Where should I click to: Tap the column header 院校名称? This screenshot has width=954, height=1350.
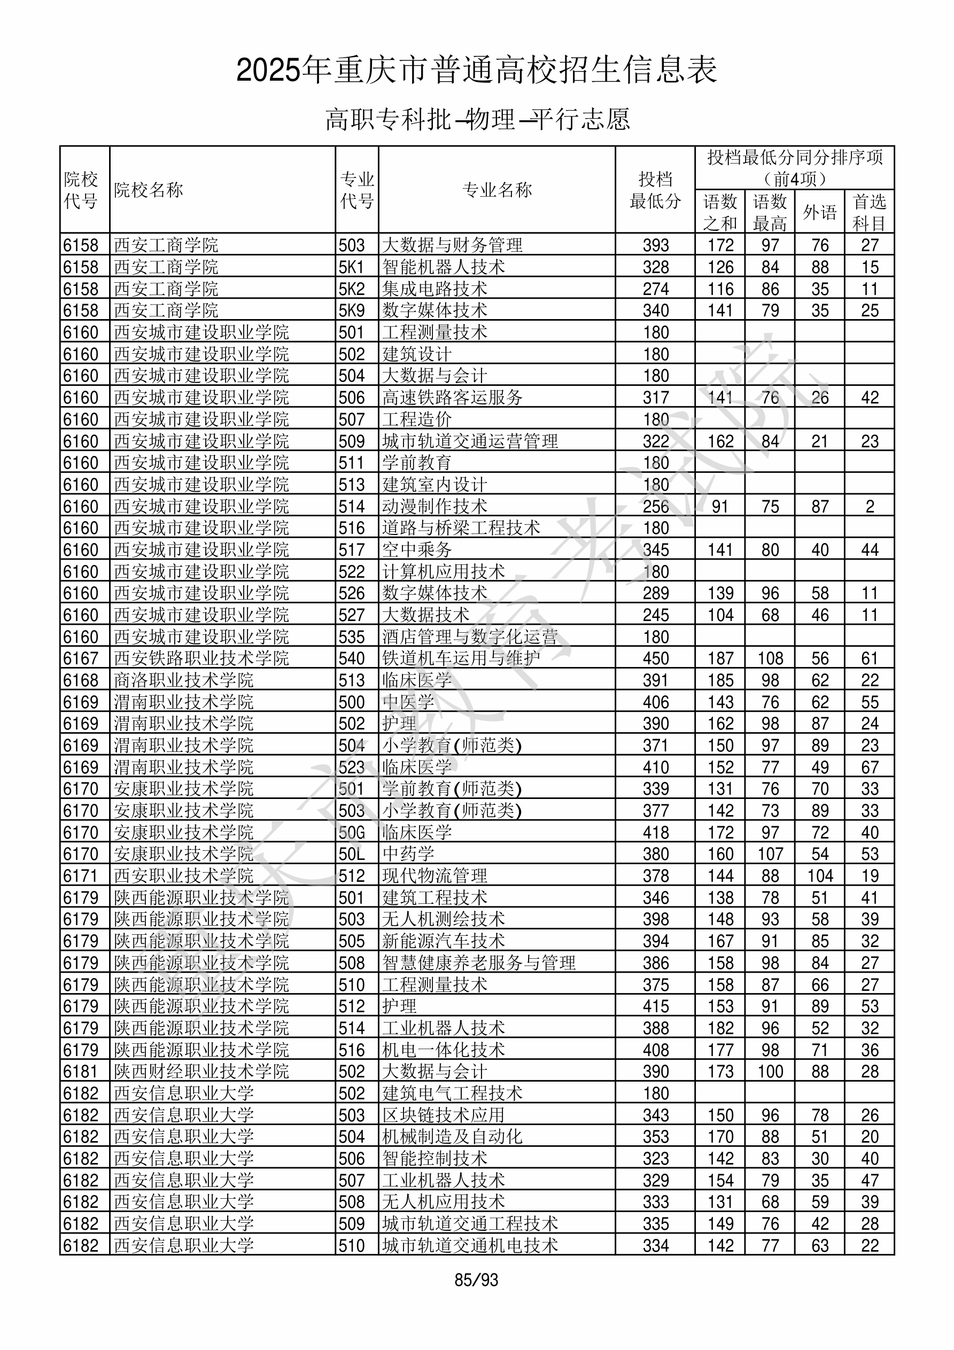coord(149,190)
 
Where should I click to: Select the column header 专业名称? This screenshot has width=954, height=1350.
coord(497,190)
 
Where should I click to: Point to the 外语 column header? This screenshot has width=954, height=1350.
coord(819,212)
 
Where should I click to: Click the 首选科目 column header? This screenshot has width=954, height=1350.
coord(870,212)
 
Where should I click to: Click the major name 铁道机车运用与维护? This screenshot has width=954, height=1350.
coord(461,658)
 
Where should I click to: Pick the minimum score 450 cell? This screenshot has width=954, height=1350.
coord(655,658)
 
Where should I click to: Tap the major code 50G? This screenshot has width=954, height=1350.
coord(352,833)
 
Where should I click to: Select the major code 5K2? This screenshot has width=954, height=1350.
coord(352,289)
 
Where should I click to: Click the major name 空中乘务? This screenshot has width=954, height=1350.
coord(416,550)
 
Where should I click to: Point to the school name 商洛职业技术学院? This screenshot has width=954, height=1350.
coord(183,680)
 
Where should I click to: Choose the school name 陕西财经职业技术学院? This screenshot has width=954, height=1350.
coord(201,1072)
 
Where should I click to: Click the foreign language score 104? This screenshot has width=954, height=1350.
coord(819,876)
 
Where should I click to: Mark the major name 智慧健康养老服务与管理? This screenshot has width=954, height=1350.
coord(478,963)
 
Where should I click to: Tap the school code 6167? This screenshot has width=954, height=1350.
coord(81,658)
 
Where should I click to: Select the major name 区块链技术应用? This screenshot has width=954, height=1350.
coord(443,1115)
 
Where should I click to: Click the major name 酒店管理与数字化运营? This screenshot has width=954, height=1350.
coord(469,637)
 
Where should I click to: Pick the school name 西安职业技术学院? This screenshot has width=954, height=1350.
coord(183,876)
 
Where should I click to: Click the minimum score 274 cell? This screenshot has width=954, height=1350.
coord(655,289)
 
